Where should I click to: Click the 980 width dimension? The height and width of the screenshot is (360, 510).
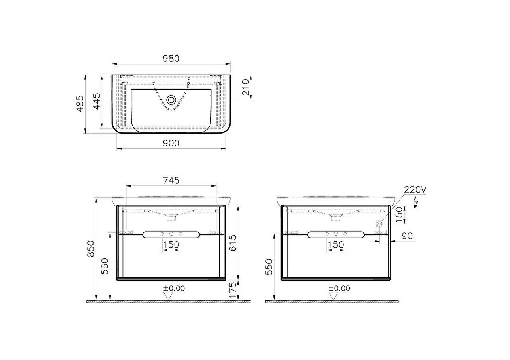[x=171, y=59]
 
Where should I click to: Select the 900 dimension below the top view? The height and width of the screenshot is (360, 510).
[x=171, y=143]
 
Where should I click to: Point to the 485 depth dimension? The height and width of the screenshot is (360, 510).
[x=80, y=104]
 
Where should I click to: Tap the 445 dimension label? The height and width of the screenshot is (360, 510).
[x=97, y=101]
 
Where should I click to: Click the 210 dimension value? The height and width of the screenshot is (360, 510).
[x=246, y=87]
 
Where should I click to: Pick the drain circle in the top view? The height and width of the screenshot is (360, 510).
[x=171, y=100]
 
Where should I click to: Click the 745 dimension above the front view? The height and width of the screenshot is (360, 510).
[x=171, y=181]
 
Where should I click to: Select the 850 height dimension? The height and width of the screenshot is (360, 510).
[x=91, y=249]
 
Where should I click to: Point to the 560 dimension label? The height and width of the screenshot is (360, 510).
[x=104, y=266]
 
